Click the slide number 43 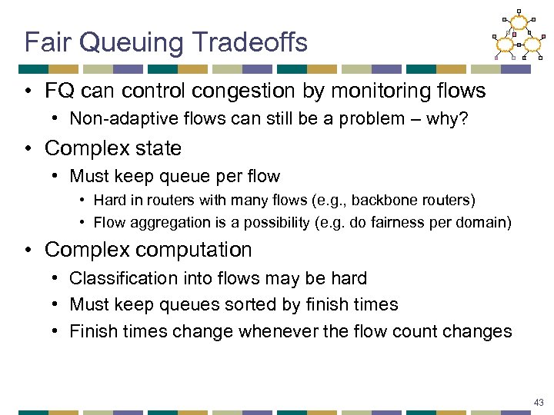tap(538, 402)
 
